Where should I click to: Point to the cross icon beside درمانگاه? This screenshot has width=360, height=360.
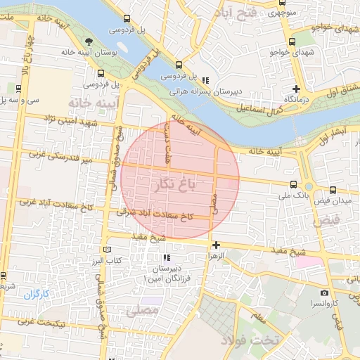tap(297, 89)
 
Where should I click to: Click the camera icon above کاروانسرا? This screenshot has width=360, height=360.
tap(324, 292)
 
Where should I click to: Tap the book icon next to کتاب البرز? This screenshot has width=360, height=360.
tap(107, 250)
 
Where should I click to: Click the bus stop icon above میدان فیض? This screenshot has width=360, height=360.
tap(333, 189)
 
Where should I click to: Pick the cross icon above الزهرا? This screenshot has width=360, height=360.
tap(216, 245)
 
